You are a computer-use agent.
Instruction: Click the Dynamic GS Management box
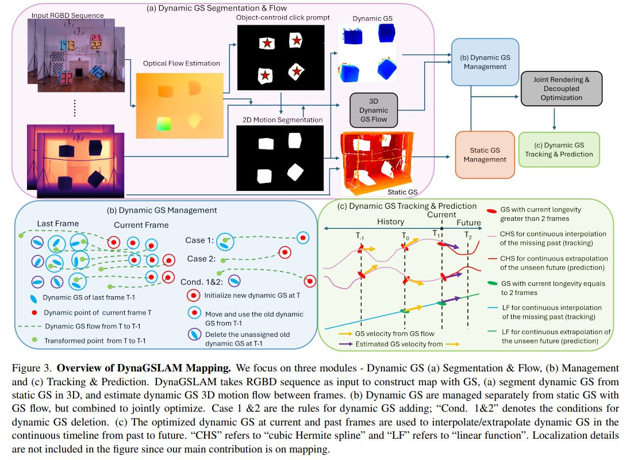pyautogui.click(x=485, y=62)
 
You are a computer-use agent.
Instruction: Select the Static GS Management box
pyautogui.click(x=482, y=155)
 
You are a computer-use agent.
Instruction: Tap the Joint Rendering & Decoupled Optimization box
pyautogui.click(x=562, y=88)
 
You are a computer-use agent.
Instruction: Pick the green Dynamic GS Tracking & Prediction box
pyautogui.click(x=559, y=149)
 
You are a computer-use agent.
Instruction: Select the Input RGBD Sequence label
pyautogui.click(x=68, y=14)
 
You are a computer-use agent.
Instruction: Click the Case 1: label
pyautogui.click(x=199, y=240)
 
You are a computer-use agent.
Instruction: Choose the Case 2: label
pyautogui.click(x=199, y=259)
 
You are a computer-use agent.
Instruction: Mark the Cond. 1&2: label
pyautogui.click(x=201, y=281)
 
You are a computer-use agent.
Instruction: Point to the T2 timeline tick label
pyautogui.click(x=469, y=236)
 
